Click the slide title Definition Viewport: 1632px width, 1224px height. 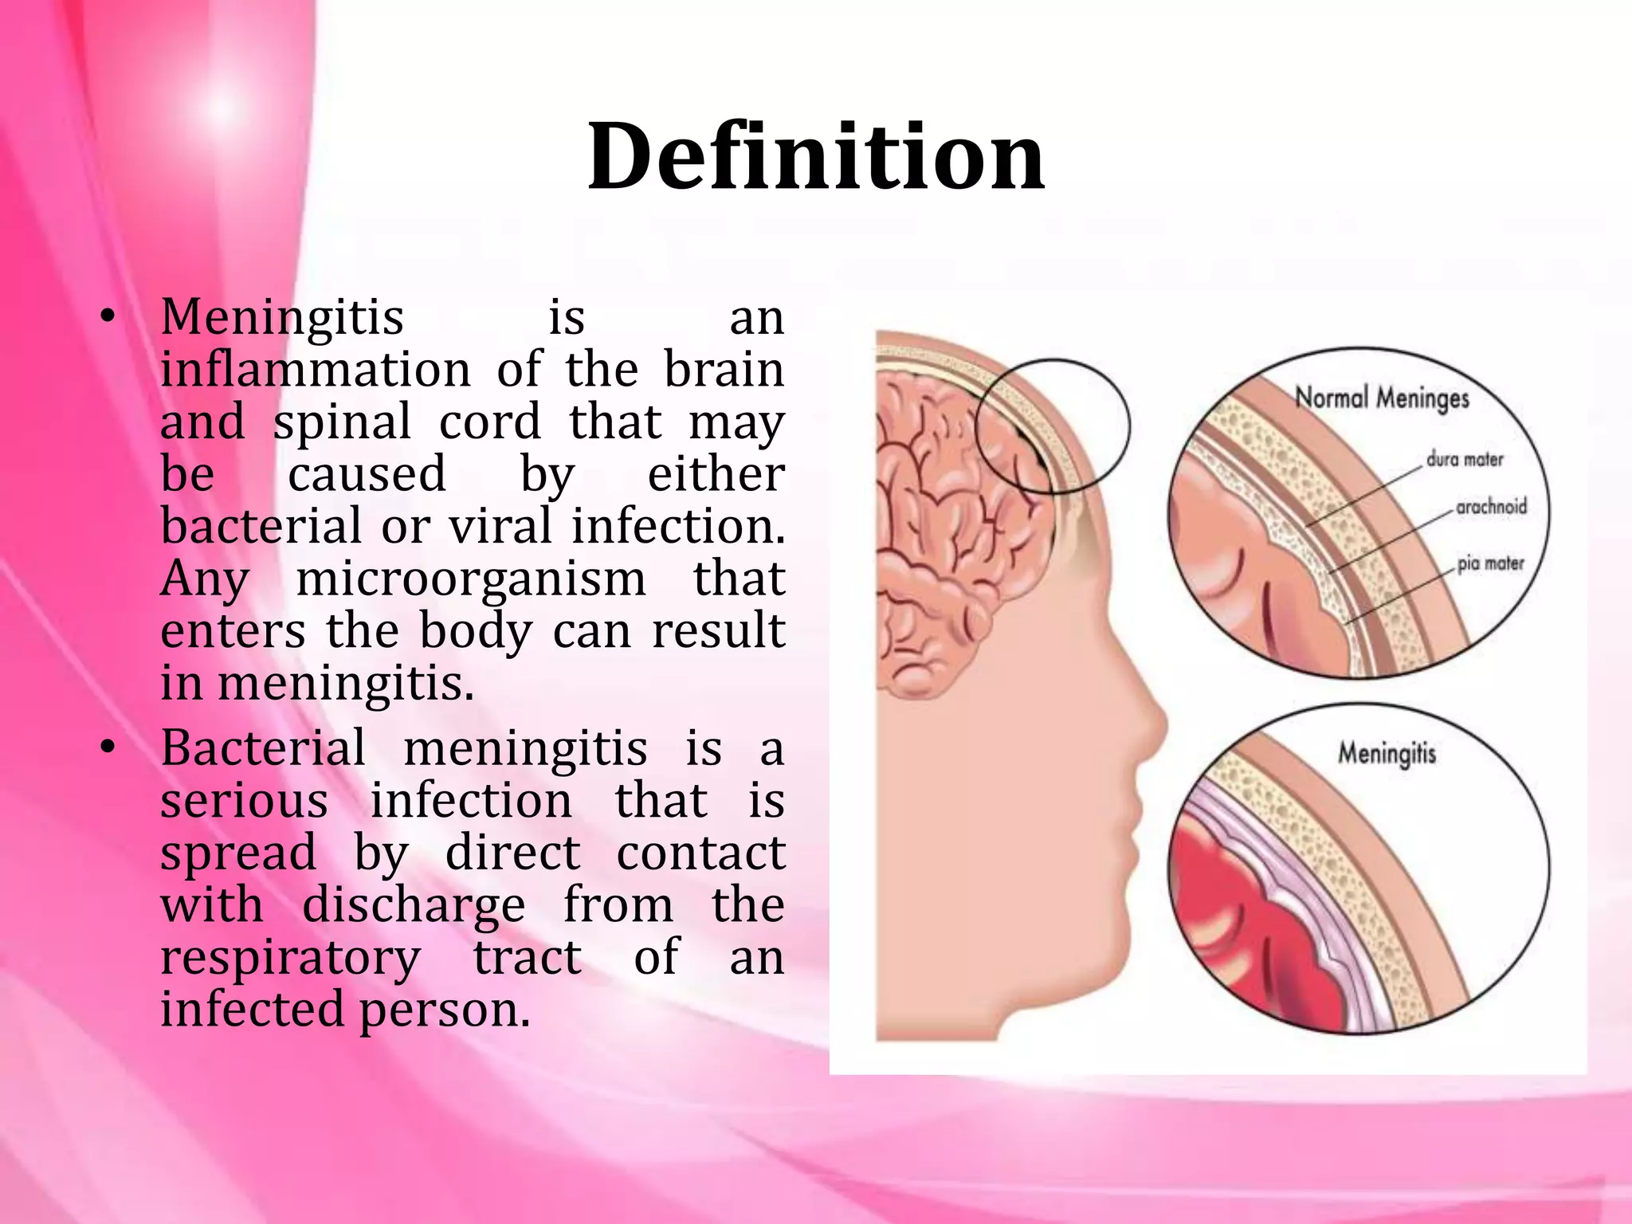click(815, 156)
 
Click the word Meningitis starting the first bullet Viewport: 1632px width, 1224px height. click(282, 317)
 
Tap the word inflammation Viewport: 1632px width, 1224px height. click(316, 370)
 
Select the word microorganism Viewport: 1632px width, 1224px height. click(471, 579)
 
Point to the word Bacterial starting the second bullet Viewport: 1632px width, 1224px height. click(263, 748)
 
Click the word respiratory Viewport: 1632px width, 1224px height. click(290, 958)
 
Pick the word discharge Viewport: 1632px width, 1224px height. click(414, 905)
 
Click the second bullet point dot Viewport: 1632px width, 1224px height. click(108, 748)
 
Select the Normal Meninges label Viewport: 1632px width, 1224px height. click(1381, 397)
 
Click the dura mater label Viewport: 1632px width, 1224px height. click(1464, 459)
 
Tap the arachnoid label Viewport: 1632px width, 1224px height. click(1491, 506)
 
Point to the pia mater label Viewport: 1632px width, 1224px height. click(1490, 563)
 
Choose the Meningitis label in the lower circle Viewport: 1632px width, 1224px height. click(1387, 752)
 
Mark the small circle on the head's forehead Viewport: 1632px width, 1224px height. click(1052, 426)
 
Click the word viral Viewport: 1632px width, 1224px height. click(500, 527)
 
